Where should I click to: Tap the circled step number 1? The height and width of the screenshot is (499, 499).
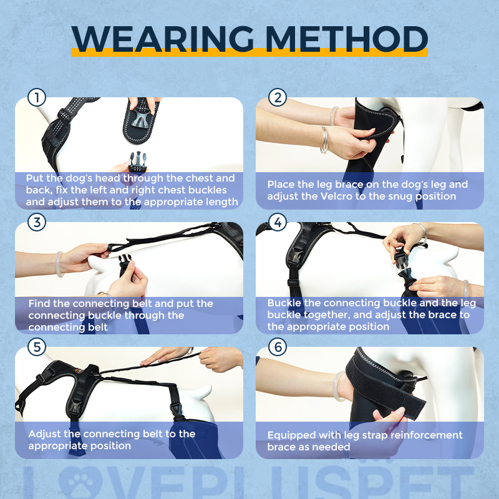(x=37, y=98)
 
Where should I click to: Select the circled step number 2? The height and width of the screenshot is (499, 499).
(x=278, y=98)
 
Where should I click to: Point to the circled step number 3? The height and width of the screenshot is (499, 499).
(x=37, y=223)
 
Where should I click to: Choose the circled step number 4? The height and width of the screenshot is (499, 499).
(x=278, y=223)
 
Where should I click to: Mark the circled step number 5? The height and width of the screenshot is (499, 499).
(x=37, y=347)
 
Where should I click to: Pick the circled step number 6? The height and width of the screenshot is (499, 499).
(x=278, y=347)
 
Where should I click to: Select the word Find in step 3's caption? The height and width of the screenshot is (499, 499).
(x=39, y=304)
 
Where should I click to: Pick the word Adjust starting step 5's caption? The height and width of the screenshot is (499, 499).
(x=45, y=434)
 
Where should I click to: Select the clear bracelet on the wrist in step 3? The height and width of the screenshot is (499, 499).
(x=59, y=263)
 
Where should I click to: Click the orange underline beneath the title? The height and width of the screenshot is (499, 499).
(x=249, y=53)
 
